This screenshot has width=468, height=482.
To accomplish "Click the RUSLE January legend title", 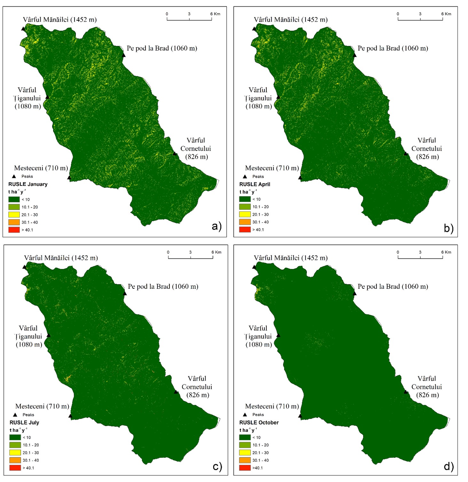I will pos(28,184).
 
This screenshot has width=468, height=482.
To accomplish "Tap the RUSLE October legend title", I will pos(259,423).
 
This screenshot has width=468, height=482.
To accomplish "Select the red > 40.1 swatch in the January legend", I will pos(14,230).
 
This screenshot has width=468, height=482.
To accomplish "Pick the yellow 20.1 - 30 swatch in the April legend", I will pos(245,214).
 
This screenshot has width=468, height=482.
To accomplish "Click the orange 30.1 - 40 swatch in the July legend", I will pos(15,460).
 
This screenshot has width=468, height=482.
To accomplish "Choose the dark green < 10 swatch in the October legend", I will pos(245,437).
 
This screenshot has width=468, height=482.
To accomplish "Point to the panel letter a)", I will pos(216,226).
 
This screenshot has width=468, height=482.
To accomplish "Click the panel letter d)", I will pos(449,467).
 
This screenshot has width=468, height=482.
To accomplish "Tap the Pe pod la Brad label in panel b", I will pos(393,48).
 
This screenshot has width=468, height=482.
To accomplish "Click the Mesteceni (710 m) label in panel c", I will pos(42,406).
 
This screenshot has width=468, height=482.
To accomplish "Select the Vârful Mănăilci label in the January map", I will pos(59,19).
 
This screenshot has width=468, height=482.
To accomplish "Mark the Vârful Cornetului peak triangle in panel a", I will pos(175,154).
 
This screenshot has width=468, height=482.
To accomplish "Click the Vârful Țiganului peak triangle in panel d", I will pos(278,335).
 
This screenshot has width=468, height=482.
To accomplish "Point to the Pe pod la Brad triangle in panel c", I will pos(125,294).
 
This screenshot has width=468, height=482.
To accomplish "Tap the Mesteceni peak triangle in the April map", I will pos(300,178).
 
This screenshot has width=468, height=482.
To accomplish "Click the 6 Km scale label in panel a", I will pos(215,14).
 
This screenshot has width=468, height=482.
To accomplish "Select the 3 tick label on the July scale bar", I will pos(190,252).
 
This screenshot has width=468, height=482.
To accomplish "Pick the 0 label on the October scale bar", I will pos(398,252).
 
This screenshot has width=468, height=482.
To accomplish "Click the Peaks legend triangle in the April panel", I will pos(245,176).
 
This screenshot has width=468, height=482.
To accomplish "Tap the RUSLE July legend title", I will pos(24,423).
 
